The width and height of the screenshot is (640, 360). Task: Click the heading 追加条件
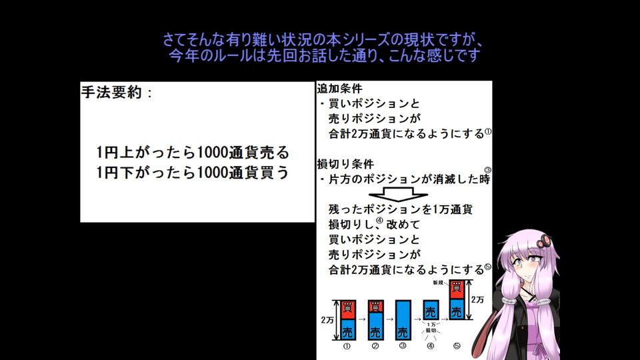(x=339, y=88)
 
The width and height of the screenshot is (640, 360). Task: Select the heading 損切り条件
(x=345, y=164)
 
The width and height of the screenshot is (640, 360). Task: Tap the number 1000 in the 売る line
(x=212, y=153)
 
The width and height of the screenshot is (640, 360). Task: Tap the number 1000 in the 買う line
(x=212, y=172)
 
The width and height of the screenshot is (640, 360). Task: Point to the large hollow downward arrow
(x=399, y=194)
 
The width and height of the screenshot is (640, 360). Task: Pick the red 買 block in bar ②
(x=375, y=307)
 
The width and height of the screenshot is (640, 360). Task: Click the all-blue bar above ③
(x=403, y=320)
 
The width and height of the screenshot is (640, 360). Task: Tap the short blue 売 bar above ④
(x=431, y=310)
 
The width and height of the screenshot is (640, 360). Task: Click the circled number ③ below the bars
(x=403, y=346)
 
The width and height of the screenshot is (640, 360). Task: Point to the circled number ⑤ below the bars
(x=457, y=346)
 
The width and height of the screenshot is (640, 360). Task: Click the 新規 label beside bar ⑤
(x=438, y=283)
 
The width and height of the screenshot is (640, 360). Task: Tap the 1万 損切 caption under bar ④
(x=431, y=327)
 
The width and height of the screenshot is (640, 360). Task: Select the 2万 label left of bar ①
(x=327, y=320)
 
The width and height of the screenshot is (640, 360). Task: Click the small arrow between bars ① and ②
(x=361, y=319)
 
